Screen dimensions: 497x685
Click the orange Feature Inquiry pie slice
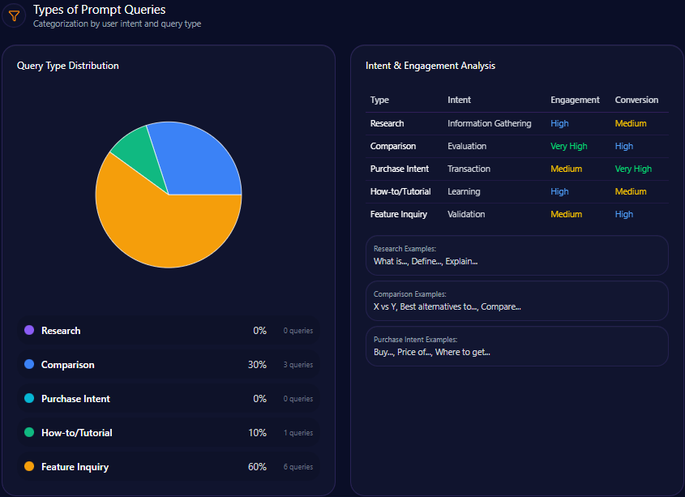click(x=162, y=231)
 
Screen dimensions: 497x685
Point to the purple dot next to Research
click(x=29, y=331)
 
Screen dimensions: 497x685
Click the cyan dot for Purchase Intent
click(x=29, y=399)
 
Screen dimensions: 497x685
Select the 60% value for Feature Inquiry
click(x=257, y=467)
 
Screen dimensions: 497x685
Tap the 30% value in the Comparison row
click(x=257, y=365)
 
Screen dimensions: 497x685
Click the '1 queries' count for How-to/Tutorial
click(x=298, y=433)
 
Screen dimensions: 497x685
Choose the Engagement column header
click(x=575, y=100)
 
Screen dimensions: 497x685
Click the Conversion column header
click(x=636, y=100)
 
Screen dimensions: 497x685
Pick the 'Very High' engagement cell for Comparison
click(x=568, y=146)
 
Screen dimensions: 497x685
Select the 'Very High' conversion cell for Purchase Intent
click(x=633, y=169)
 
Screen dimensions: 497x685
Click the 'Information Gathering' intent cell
click(x=490, y=123)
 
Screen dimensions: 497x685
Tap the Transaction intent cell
click(x=469, y=169)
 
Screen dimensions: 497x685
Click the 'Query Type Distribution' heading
click(x=68, y=66)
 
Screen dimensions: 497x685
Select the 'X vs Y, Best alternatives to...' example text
click(x=447, y=306)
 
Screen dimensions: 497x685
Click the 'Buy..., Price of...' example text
click(x=431, y=352)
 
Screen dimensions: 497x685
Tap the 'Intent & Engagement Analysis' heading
click(x=430, y=66)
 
